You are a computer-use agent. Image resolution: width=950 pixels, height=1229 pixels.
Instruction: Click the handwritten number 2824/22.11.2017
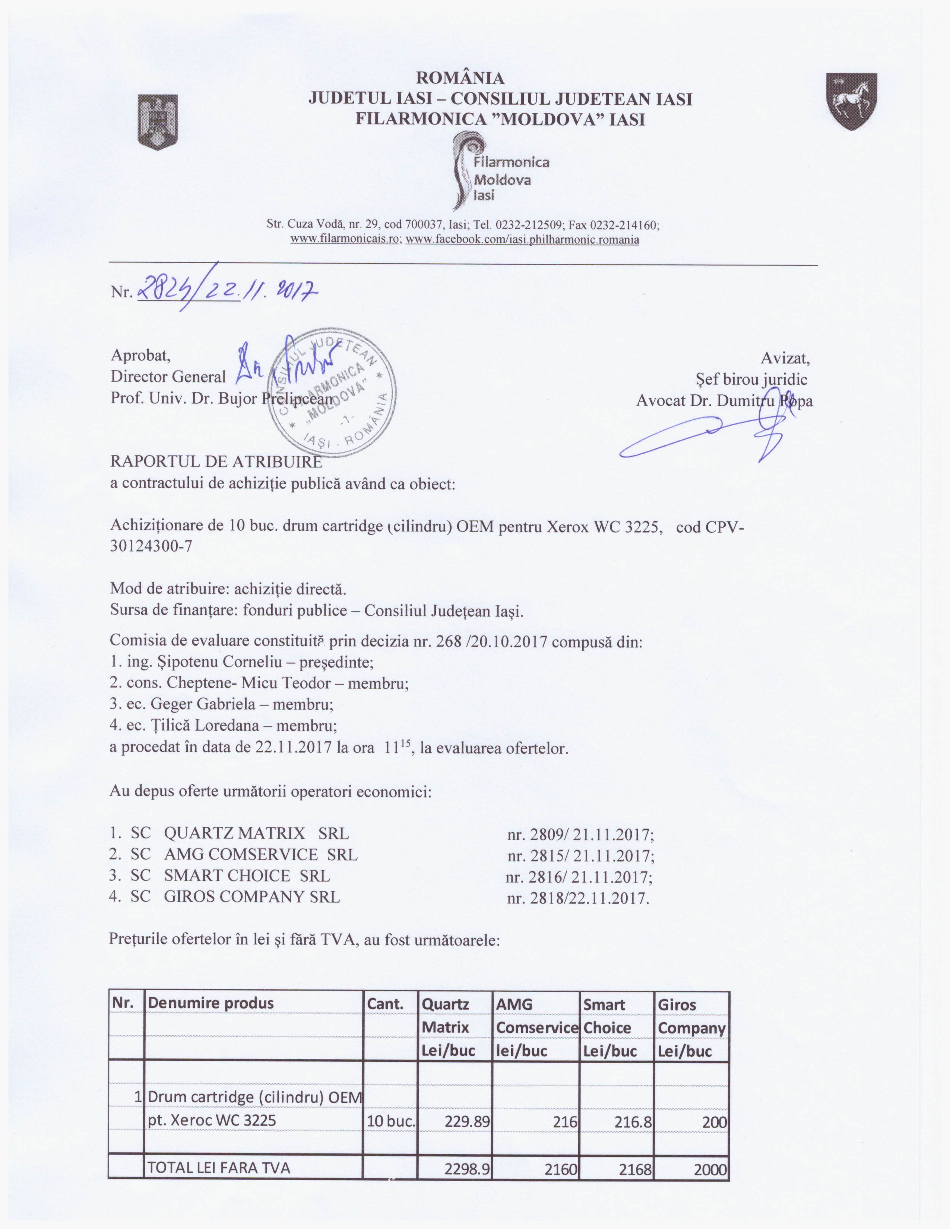tap(228, 290)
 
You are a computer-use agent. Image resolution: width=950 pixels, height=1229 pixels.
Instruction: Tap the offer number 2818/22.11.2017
tap(578, 898)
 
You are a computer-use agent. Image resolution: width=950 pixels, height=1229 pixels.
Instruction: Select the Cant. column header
tap(386, 1003)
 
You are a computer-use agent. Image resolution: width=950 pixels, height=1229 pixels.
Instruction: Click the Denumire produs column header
tap(210, 1003)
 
